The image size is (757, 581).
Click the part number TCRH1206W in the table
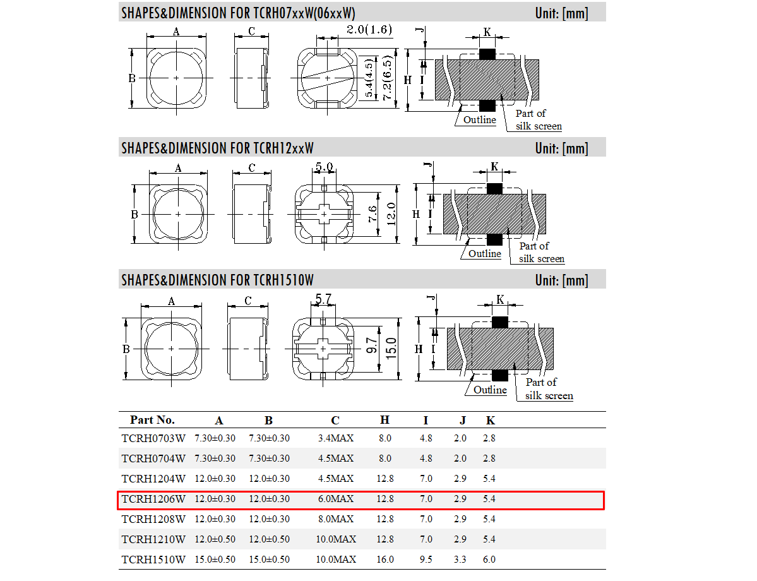[153, 499]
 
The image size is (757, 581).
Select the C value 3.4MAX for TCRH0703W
[335, 438]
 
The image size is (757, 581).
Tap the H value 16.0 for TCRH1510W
[384, 560]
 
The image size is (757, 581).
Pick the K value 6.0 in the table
[489, 560]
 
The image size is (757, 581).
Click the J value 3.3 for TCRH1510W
[460, 560]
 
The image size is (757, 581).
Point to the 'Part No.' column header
[152, 420]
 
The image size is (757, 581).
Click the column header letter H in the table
[384, 421]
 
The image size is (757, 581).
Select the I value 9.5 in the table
[426, 560]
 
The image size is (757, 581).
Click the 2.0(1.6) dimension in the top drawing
[369, 30]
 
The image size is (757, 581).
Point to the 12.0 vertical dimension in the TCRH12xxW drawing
[391, 215]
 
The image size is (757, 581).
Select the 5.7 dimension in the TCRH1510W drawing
[324, 300]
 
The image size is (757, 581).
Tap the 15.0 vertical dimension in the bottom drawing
[391, 347]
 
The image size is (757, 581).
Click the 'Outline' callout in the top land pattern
[480, 120]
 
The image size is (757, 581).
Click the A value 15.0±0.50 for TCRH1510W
[215, 560]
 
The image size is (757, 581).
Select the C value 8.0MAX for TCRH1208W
[335, 519]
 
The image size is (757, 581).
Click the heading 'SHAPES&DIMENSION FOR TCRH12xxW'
[217, 148]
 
